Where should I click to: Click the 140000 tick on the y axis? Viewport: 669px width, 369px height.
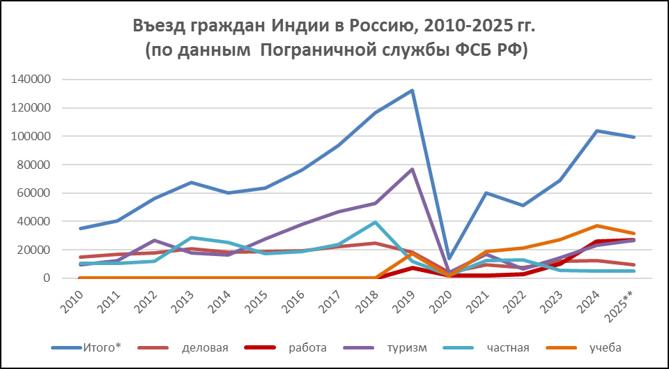tap(31, 80)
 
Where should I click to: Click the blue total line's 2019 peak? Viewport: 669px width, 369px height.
tap(412, 91)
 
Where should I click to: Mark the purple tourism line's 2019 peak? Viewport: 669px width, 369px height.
tap(412, 170)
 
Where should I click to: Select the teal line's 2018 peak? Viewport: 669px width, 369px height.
tap(374, 223)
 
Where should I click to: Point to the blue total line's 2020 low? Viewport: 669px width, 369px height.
tap(449, 258)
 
